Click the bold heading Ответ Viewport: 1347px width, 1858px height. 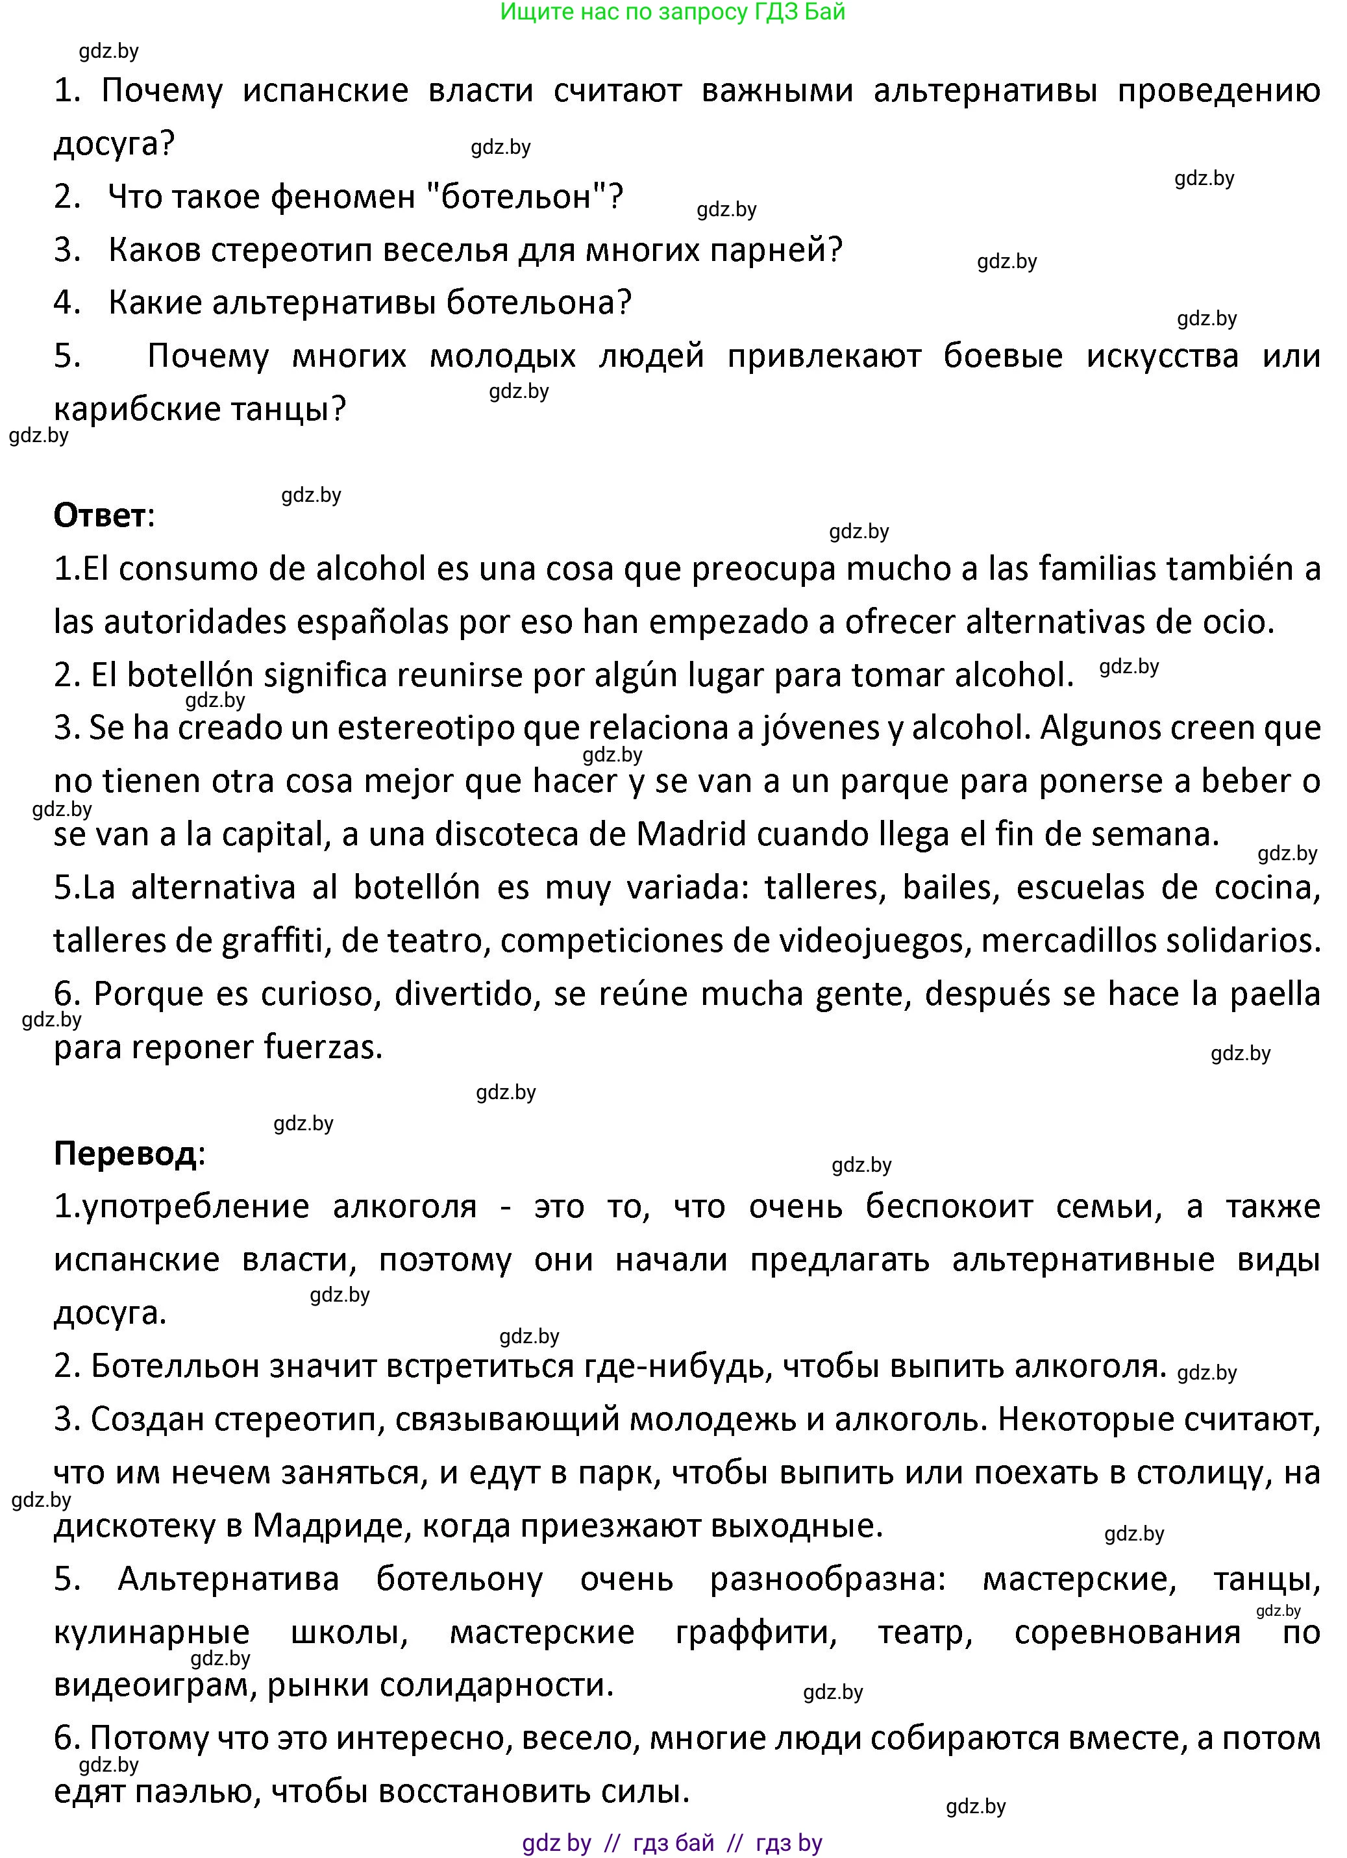pos(101,515)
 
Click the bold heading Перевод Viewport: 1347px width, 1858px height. pos(125,1154)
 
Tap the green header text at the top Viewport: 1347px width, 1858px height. pos(672,12)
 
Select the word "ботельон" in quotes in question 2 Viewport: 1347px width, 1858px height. pos(516,197)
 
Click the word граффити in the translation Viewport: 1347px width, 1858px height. pos(756,1632)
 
